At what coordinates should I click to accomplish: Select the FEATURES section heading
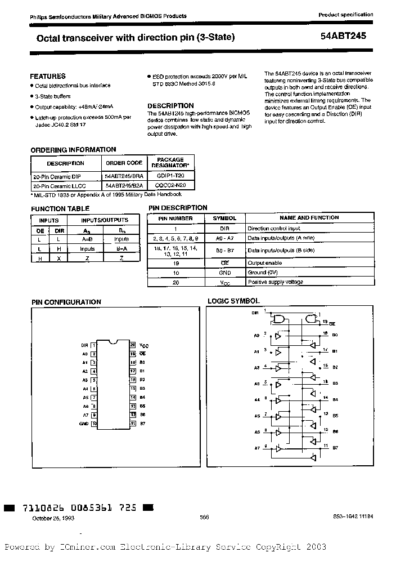[x=48, y=76]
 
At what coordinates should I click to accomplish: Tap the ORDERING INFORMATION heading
[x=73, y=150]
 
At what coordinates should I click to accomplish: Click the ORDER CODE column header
[x=124, y=163]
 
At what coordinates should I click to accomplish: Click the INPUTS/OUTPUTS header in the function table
[x=105, y=220]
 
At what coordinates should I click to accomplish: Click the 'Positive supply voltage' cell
[x=275, y=282]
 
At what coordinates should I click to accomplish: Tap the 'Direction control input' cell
[x=273, y=229]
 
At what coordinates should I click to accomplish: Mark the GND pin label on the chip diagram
[x=84, y=423]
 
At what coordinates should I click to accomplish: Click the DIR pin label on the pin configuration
[x=84, y=345]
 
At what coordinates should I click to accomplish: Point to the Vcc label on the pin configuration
[x=144, y=345]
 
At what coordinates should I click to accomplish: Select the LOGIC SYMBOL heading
[x=233, y=302]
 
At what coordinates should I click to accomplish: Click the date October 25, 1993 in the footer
[x=52, y=518]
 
